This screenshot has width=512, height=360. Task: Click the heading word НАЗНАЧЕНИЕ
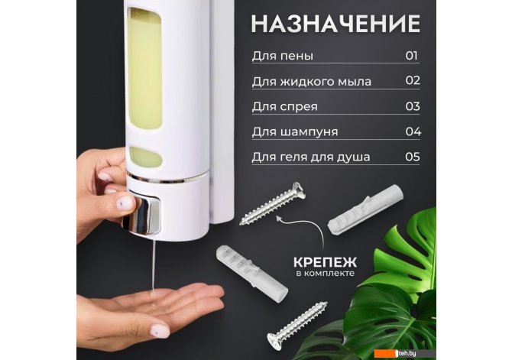(x=335, y=24)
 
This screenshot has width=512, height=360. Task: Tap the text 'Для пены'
(x=283, y=56)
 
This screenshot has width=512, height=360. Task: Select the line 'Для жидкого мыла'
(x=312, y=82)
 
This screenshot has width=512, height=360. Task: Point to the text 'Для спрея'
(x=285, y=107)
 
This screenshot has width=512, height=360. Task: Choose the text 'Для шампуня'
(x=295, y=132)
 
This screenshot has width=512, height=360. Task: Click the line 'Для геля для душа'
(x=311, y=157)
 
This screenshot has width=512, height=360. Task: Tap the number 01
(x=412, y=56)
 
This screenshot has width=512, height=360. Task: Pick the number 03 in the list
(x=413, y=106)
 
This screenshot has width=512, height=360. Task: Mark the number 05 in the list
(x=413, y=157)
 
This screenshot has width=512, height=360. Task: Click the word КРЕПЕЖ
(x=325, y=262)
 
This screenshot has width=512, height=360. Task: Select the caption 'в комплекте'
(x=326, y=273)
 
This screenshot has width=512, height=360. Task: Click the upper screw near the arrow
(x=273, y=203)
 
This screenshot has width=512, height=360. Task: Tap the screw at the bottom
(x=297, y=326)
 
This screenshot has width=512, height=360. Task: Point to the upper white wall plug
(x=365, y=209)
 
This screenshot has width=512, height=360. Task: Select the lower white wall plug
(x=251, y=274)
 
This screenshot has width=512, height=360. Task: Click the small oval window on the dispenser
(x=146, y=157)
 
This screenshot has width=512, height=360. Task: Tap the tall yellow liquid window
(x=145, y=69)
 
